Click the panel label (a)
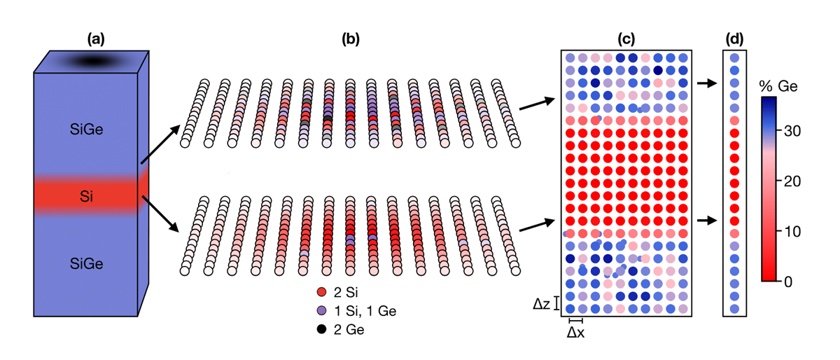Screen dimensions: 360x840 [x=95, y=40]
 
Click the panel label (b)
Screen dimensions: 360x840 [x=350, y=40]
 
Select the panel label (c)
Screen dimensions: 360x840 [x=627, y=40]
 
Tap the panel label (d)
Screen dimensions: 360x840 [x=734, y=40]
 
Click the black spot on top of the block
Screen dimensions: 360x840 [x=91, y=62]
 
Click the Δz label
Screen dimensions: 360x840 [x=540, y=303]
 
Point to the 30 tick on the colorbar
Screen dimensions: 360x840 [x=803, y=131]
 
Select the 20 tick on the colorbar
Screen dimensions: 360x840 [x=803, y=181]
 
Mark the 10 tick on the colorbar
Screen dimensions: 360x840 [x=803, y=231]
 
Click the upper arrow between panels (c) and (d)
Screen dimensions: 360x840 [x=706, y=83]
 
